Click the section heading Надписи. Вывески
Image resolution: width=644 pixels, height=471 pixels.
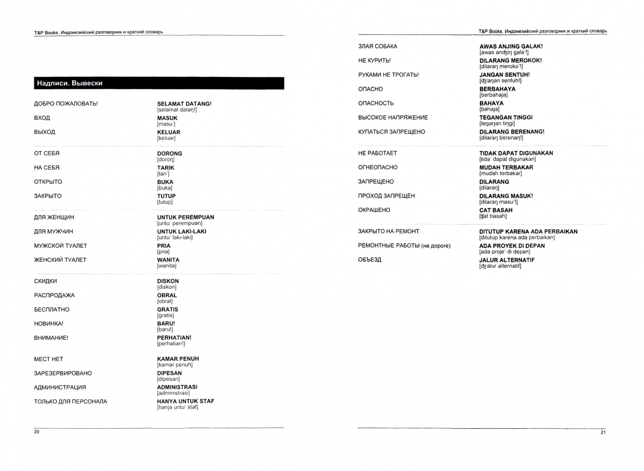tap(70, 83)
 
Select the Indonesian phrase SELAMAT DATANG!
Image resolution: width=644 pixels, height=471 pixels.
tap(184, 104)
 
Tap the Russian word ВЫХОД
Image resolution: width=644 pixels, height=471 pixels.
tap(44, 132)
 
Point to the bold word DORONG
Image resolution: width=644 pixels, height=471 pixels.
tap(170, 154)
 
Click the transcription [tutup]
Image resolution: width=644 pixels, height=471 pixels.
tap(165, 202)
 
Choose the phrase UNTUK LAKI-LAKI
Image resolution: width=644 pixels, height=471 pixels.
tap(181, 232)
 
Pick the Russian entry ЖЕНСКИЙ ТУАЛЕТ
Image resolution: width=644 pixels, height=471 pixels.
tap(60, 260)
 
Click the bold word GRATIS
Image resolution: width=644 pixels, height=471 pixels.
tap(167, 310)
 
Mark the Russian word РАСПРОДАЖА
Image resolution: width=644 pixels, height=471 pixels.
tap(55, 295)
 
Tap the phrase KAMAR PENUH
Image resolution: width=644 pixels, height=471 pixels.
tap(178, 359)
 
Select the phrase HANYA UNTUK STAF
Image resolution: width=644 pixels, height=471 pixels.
tap(185, 401)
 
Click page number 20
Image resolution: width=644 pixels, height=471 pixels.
tap(37, 432)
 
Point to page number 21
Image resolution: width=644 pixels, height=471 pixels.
tap(603, 433)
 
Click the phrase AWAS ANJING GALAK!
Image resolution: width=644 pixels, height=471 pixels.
tap(511, 46)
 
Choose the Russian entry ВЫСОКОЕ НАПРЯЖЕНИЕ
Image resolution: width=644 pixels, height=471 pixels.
tap(393, 118)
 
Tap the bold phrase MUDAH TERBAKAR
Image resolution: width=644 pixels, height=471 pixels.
tap(506, 167)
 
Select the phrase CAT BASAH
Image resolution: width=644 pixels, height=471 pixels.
tap(496, 210)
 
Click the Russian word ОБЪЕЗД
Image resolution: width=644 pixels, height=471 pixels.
tap(370, 260)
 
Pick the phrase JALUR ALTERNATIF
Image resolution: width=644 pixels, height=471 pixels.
tap(507, 260)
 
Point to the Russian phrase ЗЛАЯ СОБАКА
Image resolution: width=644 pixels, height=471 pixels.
tap(378, 46)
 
